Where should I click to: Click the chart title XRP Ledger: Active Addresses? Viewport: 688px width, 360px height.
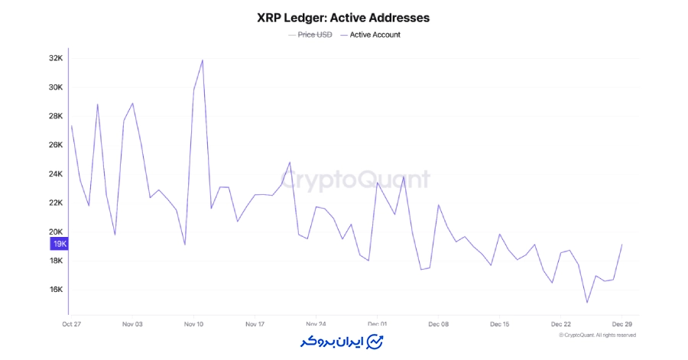click(x=343, y=17)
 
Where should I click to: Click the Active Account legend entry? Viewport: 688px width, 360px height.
click(x=375, y=34)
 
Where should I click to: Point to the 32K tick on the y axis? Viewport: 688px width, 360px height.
click(x=55, y=58)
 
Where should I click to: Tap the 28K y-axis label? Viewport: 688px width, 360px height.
click(x=55, y=116)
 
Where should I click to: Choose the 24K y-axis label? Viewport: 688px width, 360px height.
click(x=55, y=174)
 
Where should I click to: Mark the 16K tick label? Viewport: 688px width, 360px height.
click(x=55, y=290)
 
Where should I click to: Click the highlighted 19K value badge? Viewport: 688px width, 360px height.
click(x=60, y=244)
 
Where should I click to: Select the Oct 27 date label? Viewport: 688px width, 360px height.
click(x=71, y=324)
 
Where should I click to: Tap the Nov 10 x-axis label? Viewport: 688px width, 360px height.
click(x=193, y=324)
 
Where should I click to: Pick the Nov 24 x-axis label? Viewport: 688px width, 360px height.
click(x=316, y=324)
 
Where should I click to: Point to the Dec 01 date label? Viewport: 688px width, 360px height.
click(x=377, y=324)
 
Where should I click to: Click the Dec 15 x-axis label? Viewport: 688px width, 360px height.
click(x=499, y=324)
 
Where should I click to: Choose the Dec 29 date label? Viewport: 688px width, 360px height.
click(x=621, y=324)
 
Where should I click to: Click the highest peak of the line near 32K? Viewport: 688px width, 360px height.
click(x=203, y=60)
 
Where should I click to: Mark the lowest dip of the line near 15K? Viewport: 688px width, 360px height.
click(x=587, y=303)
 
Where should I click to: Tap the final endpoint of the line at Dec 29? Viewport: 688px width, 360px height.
click(x=622, y=245)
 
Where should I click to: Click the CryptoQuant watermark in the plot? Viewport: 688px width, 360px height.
click(x=355, y=180)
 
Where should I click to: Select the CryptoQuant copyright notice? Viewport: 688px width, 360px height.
click(x=597, y=335)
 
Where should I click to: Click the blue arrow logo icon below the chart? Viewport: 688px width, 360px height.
click(x=375, y=341)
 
